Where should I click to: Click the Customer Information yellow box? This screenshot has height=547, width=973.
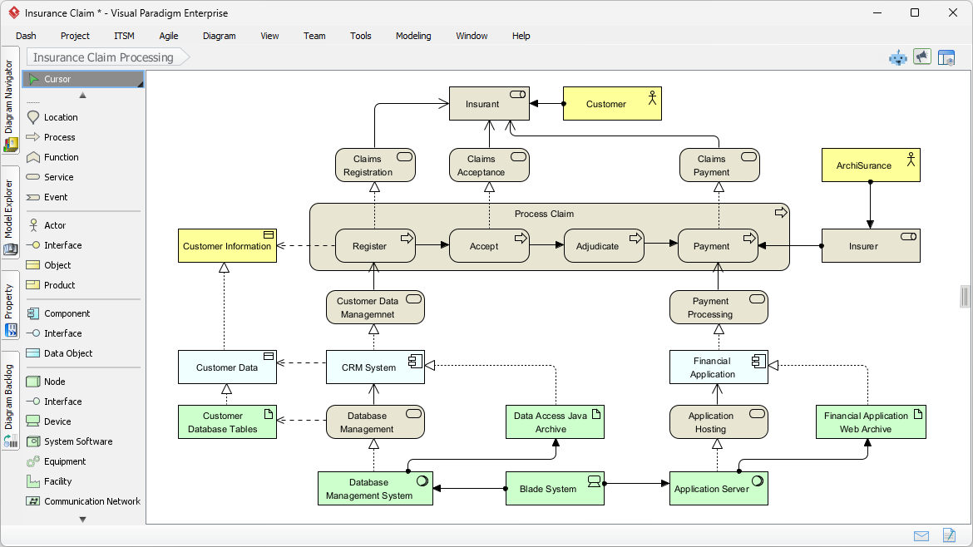click(x=227, y=246)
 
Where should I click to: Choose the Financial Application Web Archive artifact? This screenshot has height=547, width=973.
click(x=871, y=422)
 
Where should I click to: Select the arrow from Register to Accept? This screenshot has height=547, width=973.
click(x=432, y=245)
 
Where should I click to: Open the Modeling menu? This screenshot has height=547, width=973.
click(x=413, y=36)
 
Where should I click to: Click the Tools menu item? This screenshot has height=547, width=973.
click(x=360, y=36)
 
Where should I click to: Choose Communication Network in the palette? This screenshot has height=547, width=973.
click(x=91, y=501)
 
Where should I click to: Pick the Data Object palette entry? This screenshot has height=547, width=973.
click(x=68, y=353)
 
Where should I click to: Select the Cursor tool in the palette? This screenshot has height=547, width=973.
click(x=57, y=79)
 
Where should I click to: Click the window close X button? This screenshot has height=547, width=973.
click(x=953, y=12)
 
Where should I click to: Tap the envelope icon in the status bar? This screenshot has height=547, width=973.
click(x=921, y=535)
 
